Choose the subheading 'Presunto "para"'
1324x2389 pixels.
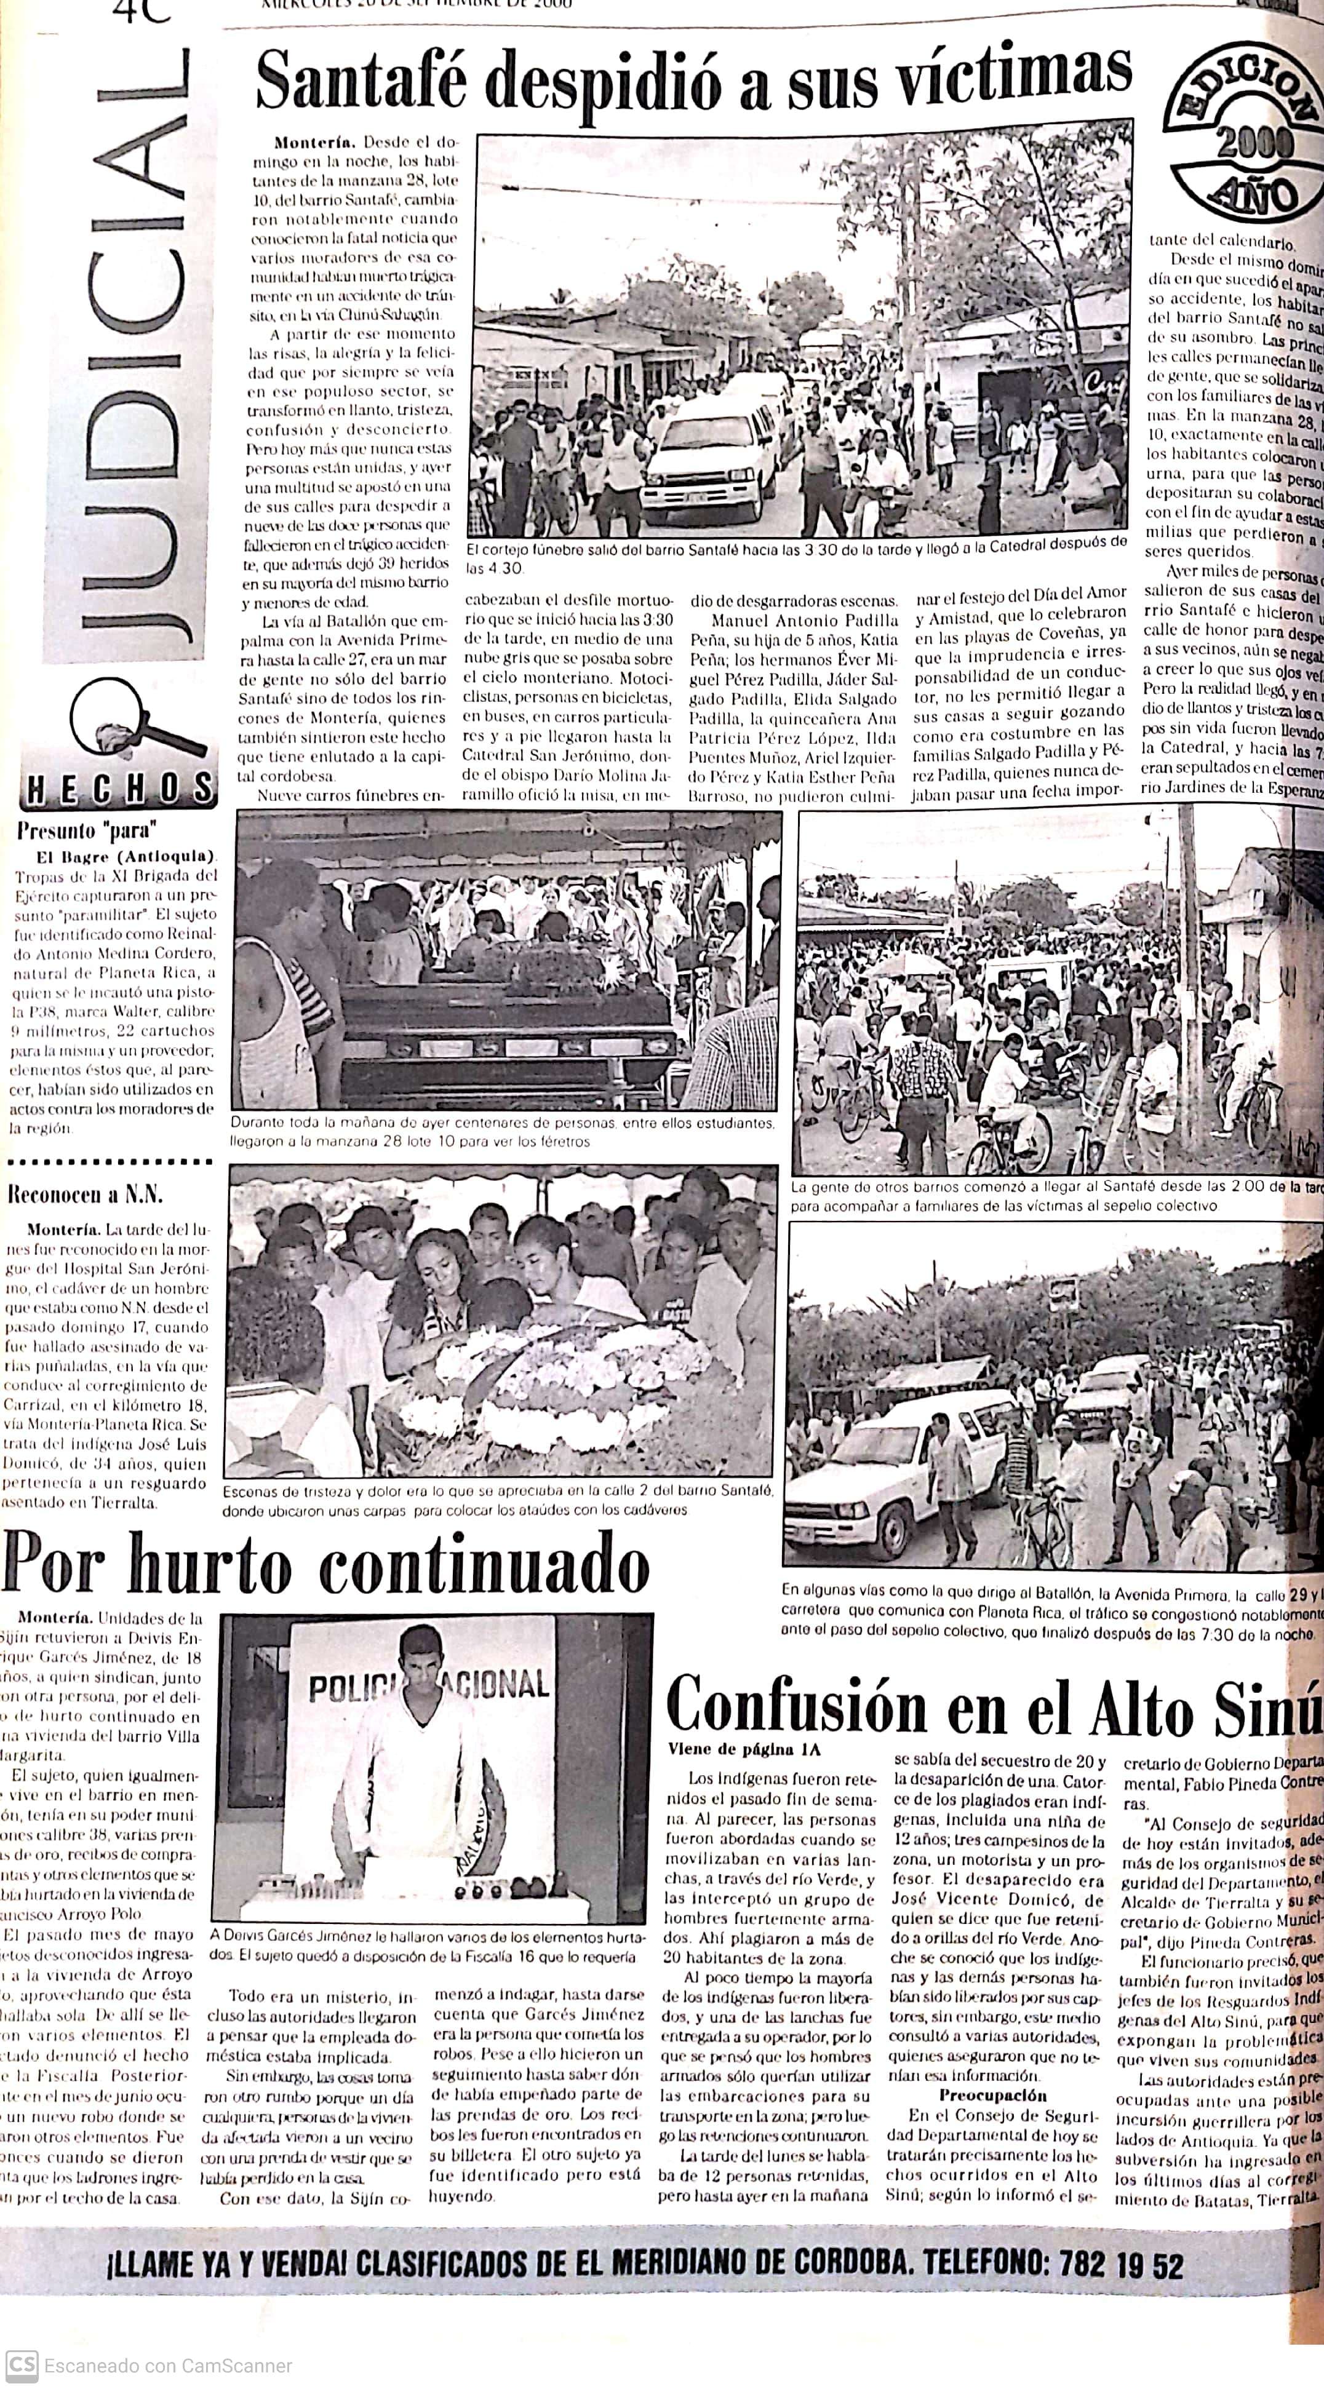click(x=87, y=830)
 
